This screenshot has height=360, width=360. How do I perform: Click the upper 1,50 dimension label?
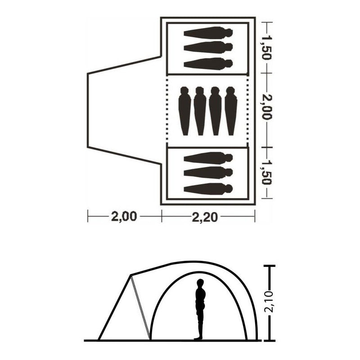click(266, 48)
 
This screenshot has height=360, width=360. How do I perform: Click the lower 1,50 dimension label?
click(266, 172)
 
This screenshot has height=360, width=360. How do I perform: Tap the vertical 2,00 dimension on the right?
click(266, 107)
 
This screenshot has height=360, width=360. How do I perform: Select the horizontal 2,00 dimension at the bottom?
click(124, 216)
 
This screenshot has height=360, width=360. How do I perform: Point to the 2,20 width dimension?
click(205, 217)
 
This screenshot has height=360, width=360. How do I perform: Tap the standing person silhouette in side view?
click(200, 309)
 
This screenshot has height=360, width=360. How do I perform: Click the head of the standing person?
click(200, 283)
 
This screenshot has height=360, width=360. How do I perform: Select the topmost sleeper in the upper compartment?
click(208, 32)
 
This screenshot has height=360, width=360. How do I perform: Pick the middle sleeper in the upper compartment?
click(208, 47)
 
